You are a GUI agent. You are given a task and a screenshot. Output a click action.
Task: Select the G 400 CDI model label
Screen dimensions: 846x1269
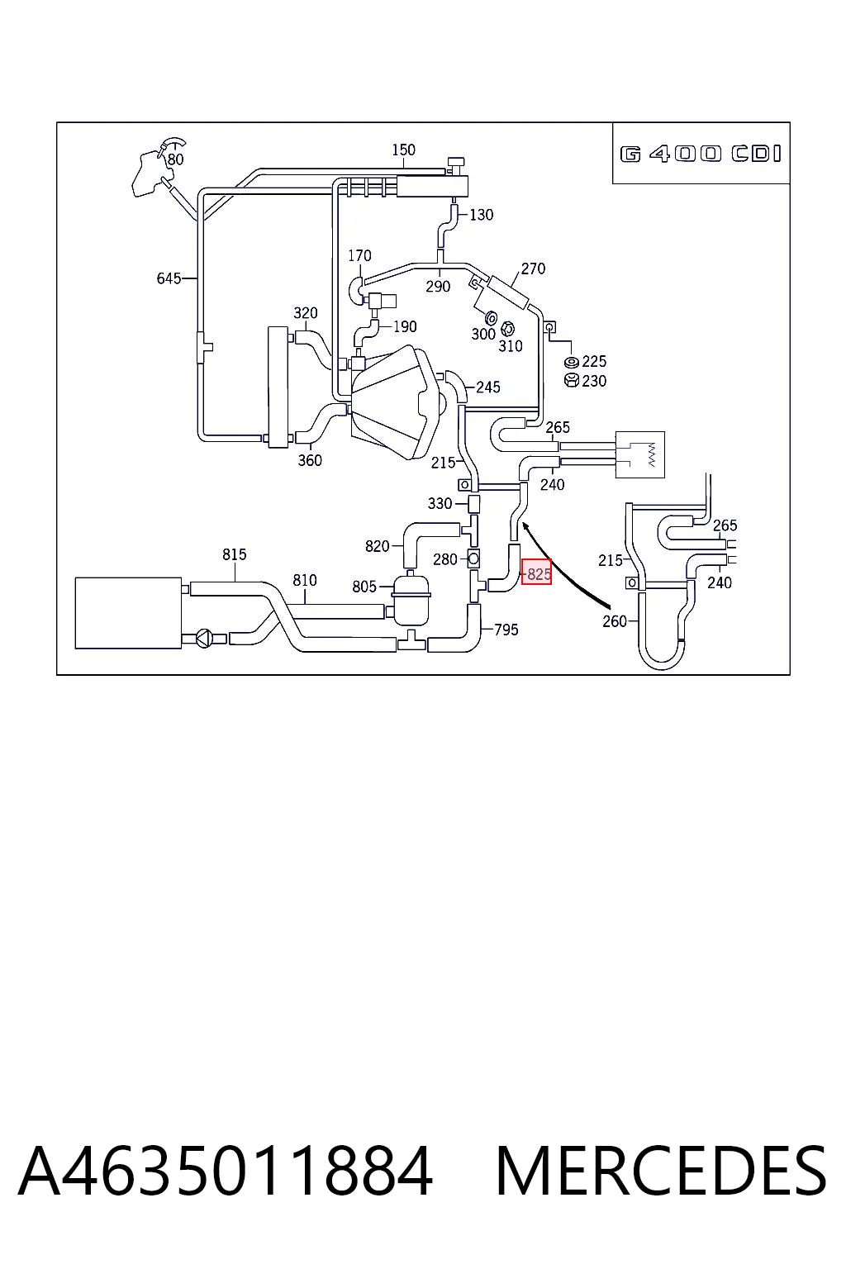pyautogui.click(x=701, y=154)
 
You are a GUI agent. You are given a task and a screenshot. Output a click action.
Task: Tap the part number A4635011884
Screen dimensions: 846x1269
pyautogui.click(x=226, y=1171)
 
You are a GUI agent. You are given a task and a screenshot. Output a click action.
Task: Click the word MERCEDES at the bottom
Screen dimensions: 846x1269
pyautogui.click(x=661, y=1171)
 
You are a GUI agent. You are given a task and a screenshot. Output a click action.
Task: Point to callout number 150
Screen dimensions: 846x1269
pyautogui.click(x=403, y=150)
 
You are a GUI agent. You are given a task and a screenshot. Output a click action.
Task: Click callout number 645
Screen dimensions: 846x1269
pyautogui.click(x=169, y=278)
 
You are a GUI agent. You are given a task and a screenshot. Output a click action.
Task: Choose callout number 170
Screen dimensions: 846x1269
pyautogui.click(x=359, y=255)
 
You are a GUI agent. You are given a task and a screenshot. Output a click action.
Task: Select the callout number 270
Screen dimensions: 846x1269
pyautogui.click(x=533, y=268)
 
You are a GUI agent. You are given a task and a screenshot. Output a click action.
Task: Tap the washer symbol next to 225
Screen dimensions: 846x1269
pyautogui.click(x=572, y=363)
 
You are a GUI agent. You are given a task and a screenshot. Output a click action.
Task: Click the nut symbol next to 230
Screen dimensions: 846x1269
pyautogui.click(x=572, y=380)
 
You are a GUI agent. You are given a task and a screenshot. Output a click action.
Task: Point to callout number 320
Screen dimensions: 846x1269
pyautogui.click(x=306, y=313)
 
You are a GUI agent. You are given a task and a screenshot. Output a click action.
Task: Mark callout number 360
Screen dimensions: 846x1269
pyautogui.click(x=310, y=460)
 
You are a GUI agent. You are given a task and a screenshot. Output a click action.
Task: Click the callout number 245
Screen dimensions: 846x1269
pyautogui.click(x=488, y=387)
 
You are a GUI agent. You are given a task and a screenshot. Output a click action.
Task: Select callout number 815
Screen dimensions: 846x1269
pyautogui.click(x=234, y=554)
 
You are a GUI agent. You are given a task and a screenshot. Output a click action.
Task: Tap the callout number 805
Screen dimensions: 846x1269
pyautogui.click(x=364, y=587)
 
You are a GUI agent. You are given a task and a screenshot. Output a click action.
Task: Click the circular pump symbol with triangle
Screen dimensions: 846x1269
pyautogui.click(x=204, y=639)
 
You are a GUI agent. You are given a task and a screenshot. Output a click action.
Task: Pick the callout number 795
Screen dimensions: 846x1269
pyautogui.click(x=506, y=630)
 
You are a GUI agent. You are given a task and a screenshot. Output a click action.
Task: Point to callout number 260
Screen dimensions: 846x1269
pyautogui.click(x=614, y=621)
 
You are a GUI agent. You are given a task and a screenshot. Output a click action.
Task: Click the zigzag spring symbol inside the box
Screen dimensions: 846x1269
pyautogui.click(x=652, y=454)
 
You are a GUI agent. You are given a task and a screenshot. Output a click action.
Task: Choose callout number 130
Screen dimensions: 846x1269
pyautogui.click(x=481, y=215)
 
